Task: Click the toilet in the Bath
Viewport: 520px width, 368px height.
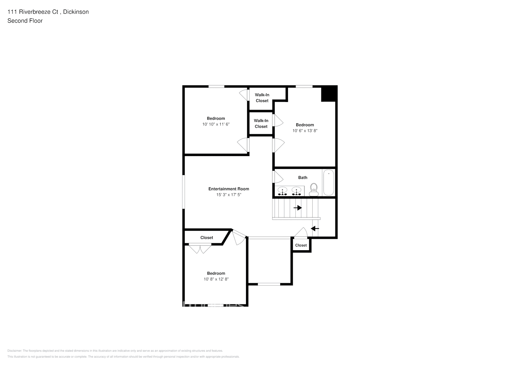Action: pyautogui.click(x=314, y=190)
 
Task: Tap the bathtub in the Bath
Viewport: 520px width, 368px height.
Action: pyautogui.click(x=328, y=183)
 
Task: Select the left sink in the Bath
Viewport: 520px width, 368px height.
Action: pyautogui.click(x=282, y=191)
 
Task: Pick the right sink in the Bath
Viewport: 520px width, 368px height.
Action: pyautogui.click(x=296, y=191)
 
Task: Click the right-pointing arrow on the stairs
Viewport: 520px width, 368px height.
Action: pyautogui.click(x=298, y=208)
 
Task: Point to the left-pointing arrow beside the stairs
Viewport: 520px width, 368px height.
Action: pyautogui.click(x=315, y=229)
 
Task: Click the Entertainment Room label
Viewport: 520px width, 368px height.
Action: pyautogui.click(x=229, y=189)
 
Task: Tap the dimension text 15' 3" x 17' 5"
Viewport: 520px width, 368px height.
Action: pyautogui.click(x=229, y=195)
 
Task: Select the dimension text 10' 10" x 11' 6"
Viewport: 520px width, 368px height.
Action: pyautogui.click(x=216, y=124)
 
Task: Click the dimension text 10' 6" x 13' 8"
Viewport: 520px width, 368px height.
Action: pyautogui.click(x=305, y=131)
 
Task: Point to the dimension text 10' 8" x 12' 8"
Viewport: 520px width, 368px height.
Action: pyautogui.click(x=216, y=279)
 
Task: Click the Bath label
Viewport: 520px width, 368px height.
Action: pyautogui.click(x=303, y=177)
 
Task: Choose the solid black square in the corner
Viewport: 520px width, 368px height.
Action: pyautogui.click(x=329, y=94)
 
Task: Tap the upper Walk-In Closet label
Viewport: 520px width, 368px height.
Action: pyautogui.click(x=262, y=98)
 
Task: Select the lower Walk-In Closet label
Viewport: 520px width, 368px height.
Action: pyautogui.click(x=261, y=124)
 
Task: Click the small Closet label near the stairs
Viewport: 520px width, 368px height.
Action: pyautogui.click(x=301, y=245)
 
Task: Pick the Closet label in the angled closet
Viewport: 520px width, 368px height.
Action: pyautogui.click(x=207, y=238)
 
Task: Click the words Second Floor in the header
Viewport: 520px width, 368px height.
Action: pyautogui.click(x=25, y=21)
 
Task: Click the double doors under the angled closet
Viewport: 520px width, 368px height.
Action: pyautogui.click(x=200, y=249)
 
